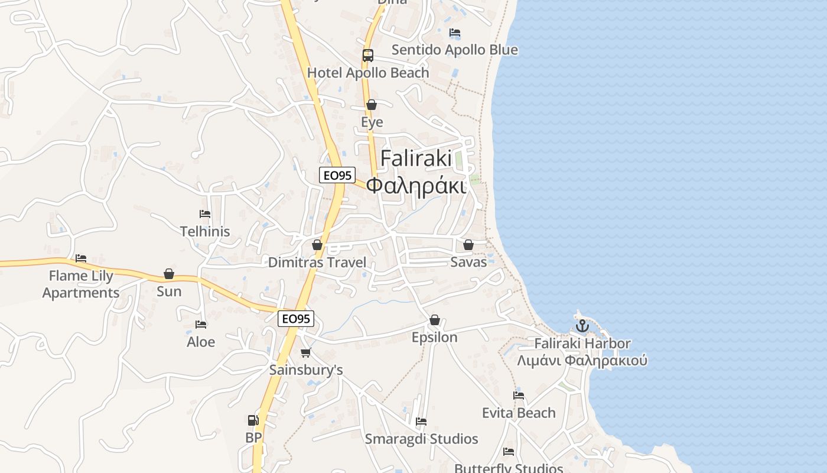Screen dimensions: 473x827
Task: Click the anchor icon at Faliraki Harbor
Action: coord(582,326)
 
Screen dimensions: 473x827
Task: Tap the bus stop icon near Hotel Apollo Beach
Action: coord(367,56)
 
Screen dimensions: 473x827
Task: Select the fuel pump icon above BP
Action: coord(253,420)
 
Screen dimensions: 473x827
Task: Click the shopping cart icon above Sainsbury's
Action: coord(305,353)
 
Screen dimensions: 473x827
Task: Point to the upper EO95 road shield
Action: coord(337,175)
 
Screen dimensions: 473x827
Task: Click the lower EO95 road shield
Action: coord(295,319)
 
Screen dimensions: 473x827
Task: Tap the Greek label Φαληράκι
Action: coord(416,185)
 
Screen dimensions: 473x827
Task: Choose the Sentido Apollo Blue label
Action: coord(454,50)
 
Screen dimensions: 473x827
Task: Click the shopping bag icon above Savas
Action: coord(468,245)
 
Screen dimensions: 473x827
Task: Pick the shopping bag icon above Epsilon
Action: coord(435,320)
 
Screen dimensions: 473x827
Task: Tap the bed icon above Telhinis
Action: coord(205,214)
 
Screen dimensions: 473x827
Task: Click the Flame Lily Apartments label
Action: coord(81,284)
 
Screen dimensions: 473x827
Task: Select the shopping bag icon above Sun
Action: coord(169,274)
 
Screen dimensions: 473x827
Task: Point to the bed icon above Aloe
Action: coord(201,325)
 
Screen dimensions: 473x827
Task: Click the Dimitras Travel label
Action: coord(317,263)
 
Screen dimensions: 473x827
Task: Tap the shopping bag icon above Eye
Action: coord(372,105)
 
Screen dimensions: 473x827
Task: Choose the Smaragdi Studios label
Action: coord(421,439)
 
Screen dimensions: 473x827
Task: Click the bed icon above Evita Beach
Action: coord(519,396)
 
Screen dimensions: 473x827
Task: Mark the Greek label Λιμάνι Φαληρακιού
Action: coord(582,361)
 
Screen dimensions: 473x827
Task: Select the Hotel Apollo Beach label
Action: coord(368,73)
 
